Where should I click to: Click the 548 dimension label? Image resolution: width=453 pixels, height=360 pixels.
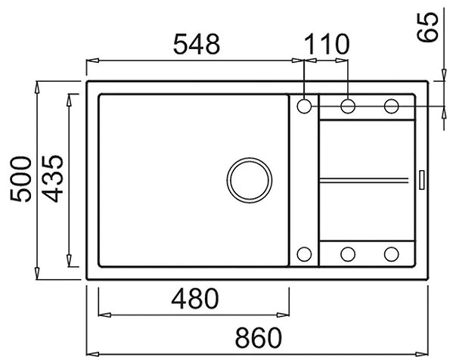pos(197,44)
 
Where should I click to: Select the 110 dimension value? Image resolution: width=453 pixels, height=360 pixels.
pos(327,44)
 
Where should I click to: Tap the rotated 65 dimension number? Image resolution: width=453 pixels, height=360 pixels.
pos(428,28)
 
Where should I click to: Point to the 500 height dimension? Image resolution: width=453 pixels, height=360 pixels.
pos(20,178)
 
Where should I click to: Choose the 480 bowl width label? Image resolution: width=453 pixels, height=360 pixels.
pos(195,298)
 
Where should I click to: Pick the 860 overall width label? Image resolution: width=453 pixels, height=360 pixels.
pos(259,337)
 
